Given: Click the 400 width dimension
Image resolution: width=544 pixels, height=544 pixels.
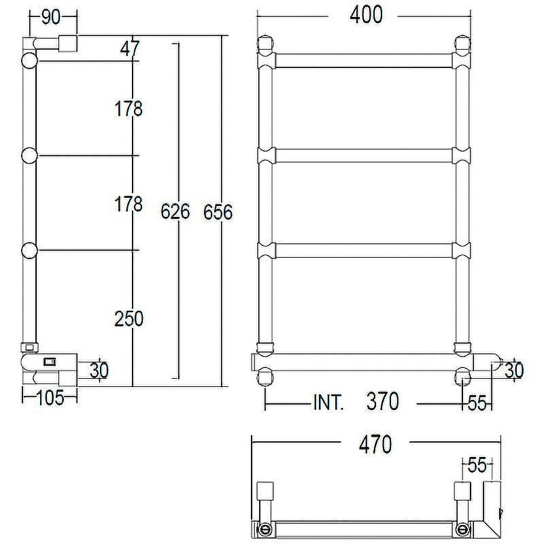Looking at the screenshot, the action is point(366,15).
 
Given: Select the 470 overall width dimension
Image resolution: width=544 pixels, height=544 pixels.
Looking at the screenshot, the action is point(375,445).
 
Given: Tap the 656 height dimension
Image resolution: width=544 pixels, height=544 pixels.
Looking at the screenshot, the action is point(218,212).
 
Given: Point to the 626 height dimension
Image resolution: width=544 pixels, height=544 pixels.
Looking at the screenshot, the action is point(175,211).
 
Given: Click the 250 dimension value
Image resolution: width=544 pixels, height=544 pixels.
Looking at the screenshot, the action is point(129,318).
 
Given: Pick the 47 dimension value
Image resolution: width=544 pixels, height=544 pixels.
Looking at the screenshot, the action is point(130,48).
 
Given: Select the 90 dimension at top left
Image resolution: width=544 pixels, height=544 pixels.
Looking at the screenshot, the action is point(50,17).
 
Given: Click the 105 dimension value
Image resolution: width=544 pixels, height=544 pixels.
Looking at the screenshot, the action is point(50,398).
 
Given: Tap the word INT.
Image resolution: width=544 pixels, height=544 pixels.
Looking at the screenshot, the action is point(328,402).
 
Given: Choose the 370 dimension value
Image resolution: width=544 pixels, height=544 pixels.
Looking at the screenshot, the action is point(383,401).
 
